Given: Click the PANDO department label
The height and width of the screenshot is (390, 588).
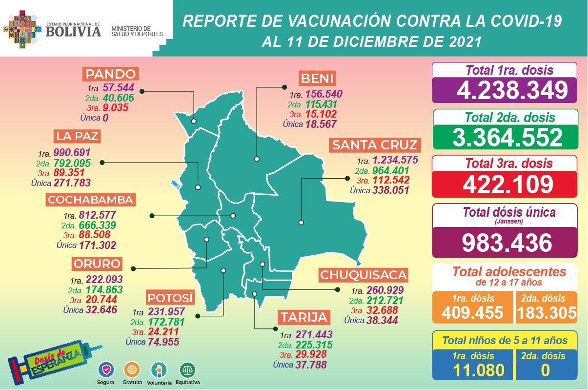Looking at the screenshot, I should click(x=111, y=74).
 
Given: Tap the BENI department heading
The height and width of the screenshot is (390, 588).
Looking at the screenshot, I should click(x=317, y=78).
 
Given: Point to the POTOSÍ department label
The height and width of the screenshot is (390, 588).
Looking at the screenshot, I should click(x=171, y=297).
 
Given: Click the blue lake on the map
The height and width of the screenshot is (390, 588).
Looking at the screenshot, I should click(x=174, y=185).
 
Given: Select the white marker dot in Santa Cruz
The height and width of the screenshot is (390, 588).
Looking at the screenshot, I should click(x=301, y=223).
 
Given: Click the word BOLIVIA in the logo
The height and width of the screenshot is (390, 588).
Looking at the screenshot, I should click(x=74, y=31).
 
